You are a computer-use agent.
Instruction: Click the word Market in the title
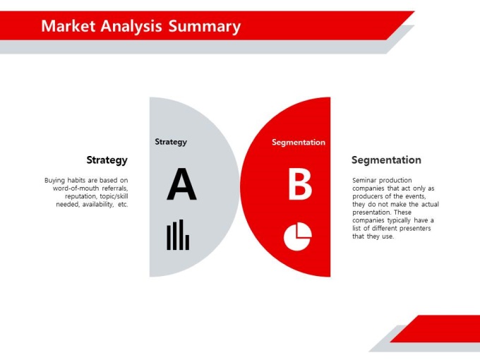[68, 26]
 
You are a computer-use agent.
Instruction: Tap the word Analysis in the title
[131, 27]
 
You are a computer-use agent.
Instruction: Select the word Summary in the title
[205, 27]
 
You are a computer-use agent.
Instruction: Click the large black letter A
[181, 184]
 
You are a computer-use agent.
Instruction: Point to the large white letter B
[300, 185]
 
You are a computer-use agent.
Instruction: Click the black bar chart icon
[178, 234]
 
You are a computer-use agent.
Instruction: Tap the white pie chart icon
[298, 236]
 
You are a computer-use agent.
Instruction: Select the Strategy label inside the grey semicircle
[171, 142]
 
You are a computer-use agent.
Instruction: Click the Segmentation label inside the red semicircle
[299, 142]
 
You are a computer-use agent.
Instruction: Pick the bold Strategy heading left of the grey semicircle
[107, 160]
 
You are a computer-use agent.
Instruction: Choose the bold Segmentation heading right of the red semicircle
[386, 160]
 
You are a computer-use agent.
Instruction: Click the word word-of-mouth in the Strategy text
[76, 188]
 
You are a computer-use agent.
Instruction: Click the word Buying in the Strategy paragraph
[54, 180]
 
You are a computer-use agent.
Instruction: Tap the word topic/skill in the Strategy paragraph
[114, 196]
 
